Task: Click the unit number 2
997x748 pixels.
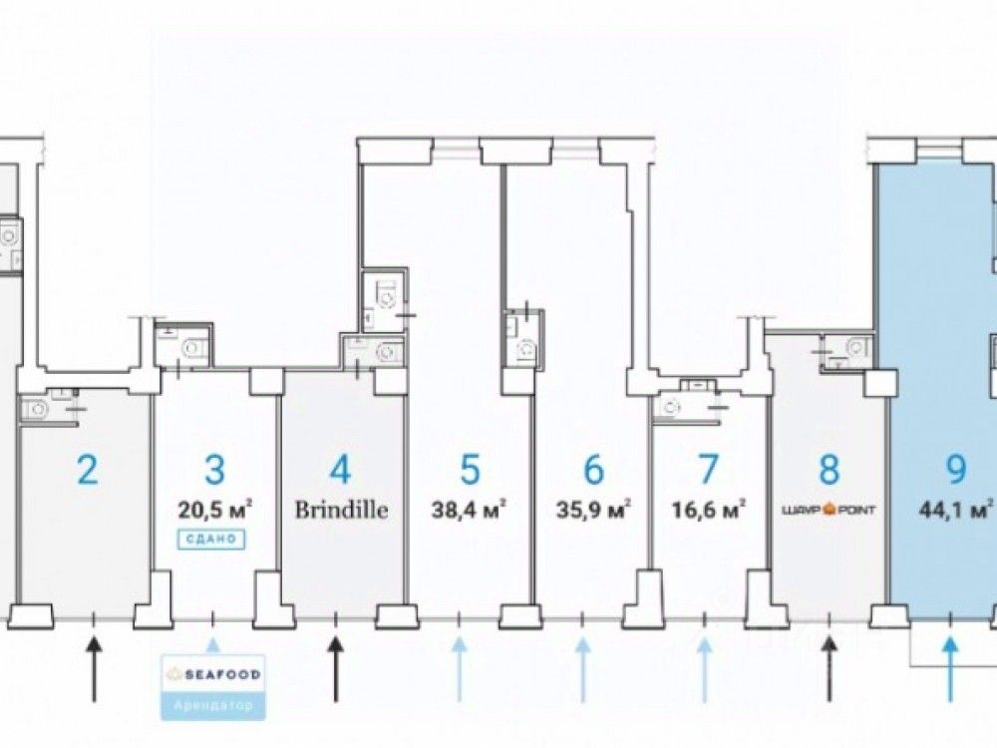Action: coord(88,469)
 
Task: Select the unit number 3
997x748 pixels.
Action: coord(214,469)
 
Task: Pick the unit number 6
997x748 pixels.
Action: coord(593,469)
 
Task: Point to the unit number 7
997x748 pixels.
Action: coord(708,469)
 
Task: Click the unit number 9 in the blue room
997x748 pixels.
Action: coord(954,469)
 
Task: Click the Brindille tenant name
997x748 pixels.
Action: coord(340,510)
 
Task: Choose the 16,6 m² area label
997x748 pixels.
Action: coord(708,510)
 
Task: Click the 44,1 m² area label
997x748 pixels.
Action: coord(954,510)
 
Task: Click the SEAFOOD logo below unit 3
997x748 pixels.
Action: coord(214,674)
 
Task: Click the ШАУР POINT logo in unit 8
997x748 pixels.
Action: coord(830,510)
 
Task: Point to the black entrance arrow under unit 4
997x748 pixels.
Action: coord(336,658)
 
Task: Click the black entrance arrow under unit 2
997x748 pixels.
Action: coord(94,658)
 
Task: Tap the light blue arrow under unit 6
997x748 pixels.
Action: coord(582,658)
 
